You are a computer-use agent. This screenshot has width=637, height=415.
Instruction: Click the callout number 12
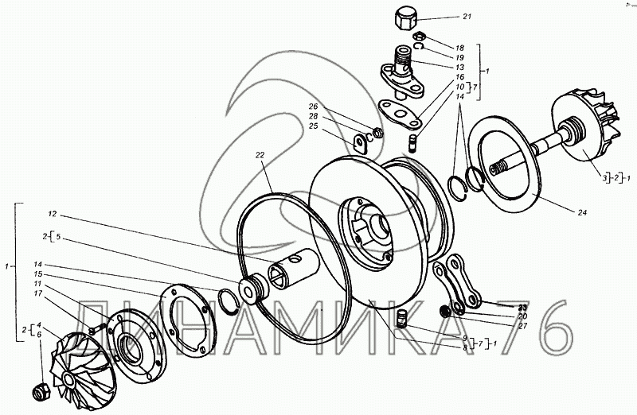[53, 215]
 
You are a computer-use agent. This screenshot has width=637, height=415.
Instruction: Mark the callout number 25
[315, 126]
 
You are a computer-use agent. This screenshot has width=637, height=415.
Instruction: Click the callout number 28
[315, 117]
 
